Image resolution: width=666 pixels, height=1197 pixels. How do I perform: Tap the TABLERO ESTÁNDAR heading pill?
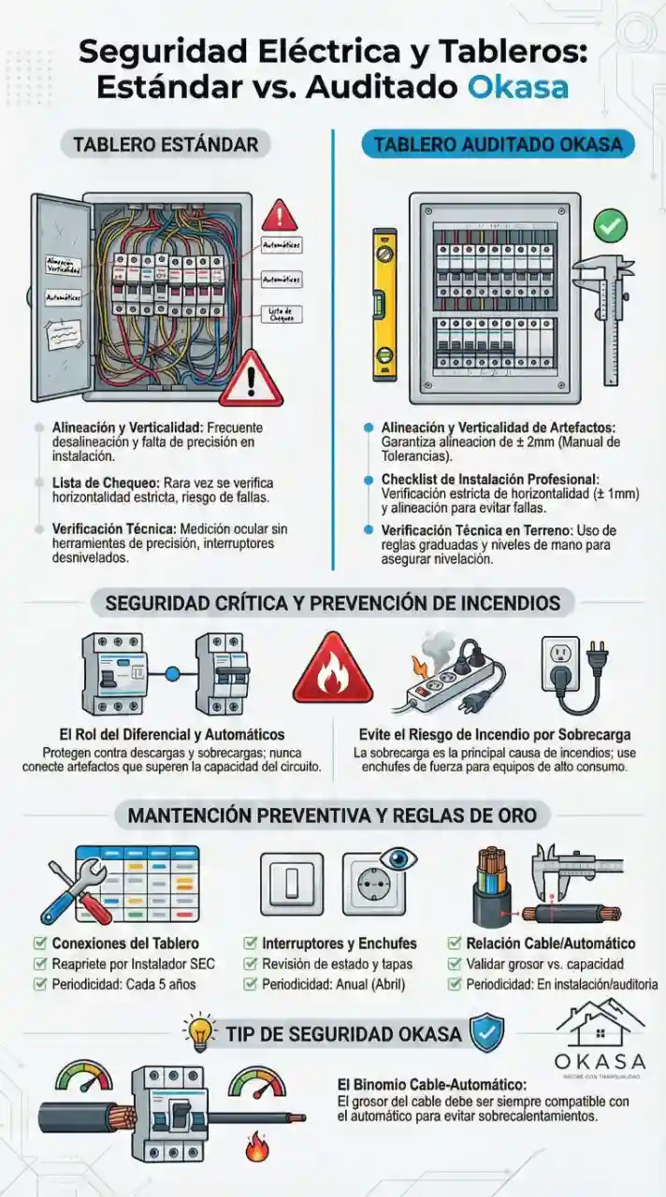click(166, 145)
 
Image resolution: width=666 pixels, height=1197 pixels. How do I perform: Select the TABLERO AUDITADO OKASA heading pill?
click(498, 145)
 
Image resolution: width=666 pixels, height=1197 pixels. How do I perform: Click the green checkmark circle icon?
click(611, 225)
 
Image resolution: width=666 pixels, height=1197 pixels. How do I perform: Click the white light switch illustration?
click(291, 884)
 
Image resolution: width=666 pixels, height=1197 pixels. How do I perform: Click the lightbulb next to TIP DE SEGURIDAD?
click(200, 1031)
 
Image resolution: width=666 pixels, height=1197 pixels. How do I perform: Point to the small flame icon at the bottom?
click(256, 1147)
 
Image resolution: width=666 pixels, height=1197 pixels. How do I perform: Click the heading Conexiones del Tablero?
click(125, 943)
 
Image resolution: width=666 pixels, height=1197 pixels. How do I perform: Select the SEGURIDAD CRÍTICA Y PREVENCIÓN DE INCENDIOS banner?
click(333, 602)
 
